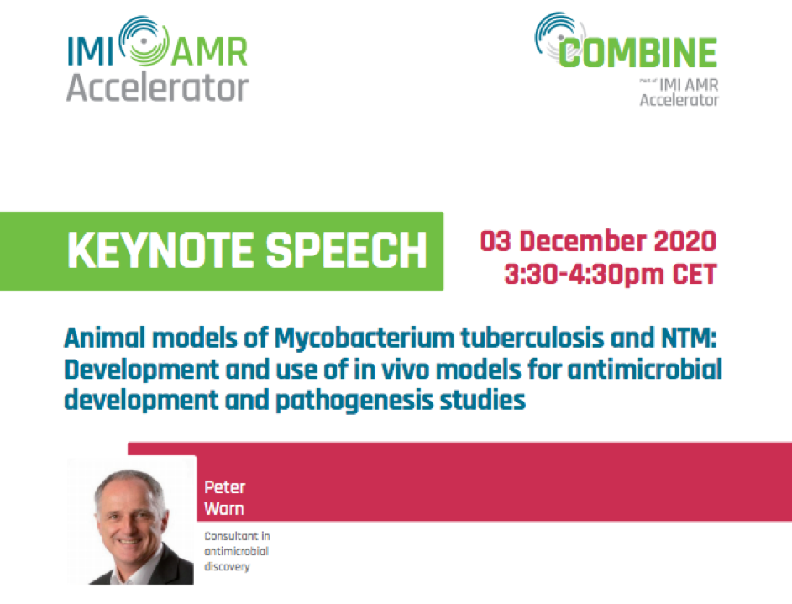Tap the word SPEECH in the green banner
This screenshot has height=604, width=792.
(x=347, y=250)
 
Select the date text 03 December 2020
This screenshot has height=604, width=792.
(x=598, y=241)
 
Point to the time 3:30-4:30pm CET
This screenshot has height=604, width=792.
(x=610, y=275)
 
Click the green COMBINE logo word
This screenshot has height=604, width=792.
(x=637, y=53)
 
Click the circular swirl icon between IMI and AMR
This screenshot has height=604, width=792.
(x=144, y=41)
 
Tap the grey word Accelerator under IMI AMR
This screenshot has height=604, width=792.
(x=158, y=88)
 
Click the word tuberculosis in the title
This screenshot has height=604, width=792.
(x=532, y=338)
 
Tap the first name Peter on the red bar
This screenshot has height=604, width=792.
(x=225, y=487)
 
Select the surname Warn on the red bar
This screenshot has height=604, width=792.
(x=224, y=508)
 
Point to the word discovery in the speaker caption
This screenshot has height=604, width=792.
(x=227, y=567)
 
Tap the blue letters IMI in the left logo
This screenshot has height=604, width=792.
(x=91, y=51)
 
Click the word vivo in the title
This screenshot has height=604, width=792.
(x=405, y=369)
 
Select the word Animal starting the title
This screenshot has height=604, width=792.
(x=105, y=338)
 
